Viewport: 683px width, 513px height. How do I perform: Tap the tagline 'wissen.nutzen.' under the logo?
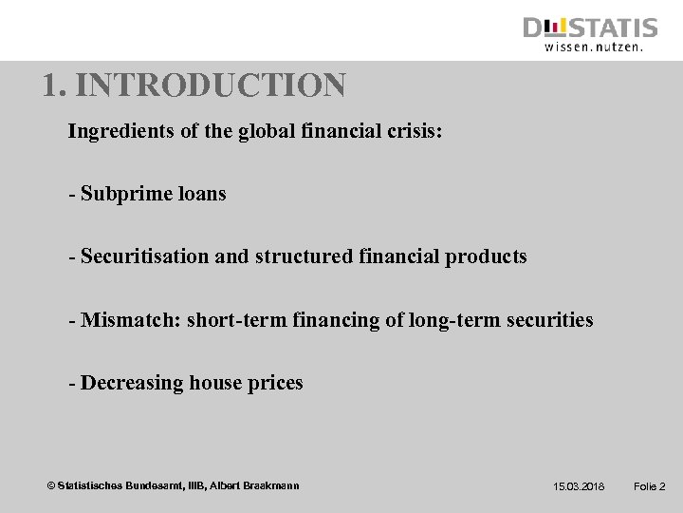click(x=594, y=46)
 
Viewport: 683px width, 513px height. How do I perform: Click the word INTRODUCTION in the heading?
click(x=211, y=86)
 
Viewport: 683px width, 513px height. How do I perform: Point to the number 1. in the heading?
click(x=54, y=86)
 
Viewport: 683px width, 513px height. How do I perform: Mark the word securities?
click(x=549, y=320)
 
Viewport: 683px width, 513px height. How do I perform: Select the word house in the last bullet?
click(x=217, y=383)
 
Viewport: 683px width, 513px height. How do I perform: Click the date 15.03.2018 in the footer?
click(x=579, y=486)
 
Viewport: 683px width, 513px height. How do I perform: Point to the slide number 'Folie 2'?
click(x=649, y=486)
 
